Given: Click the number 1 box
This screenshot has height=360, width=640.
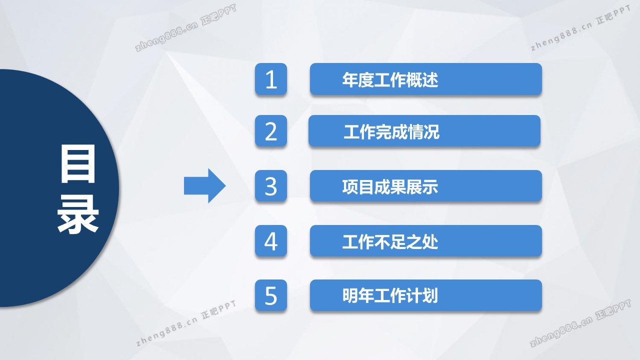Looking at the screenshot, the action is [271, 79].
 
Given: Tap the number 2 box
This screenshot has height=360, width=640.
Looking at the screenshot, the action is [271, 131].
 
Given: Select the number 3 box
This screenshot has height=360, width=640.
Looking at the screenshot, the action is [271, 186].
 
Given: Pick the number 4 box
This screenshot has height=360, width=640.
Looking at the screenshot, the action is [271, 241].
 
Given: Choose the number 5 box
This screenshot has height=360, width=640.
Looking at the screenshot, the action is [271, 295].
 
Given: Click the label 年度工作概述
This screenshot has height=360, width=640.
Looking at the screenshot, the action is [390, 79].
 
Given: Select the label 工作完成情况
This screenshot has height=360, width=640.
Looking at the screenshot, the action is [391, 131].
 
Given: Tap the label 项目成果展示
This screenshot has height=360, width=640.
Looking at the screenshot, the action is [390, 187].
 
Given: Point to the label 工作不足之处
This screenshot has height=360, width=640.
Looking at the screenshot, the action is [390, 241].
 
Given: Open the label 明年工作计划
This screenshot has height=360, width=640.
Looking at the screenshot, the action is [390, 295].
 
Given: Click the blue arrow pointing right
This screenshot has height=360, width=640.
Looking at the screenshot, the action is [204, 186].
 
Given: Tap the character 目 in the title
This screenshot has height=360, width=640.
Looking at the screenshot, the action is [77, 163].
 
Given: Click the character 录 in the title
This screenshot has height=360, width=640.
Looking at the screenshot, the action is [77, 214].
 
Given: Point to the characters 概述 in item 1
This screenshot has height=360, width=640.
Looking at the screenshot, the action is [421, 79].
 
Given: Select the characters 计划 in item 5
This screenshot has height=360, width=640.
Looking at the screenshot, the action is [421, 295].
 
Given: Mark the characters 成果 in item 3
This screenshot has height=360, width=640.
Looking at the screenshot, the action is [390, 187].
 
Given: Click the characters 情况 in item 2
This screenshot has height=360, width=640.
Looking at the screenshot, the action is [423, 131].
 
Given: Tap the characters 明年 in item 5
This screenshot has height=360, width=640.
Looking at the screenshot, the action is [358, 295].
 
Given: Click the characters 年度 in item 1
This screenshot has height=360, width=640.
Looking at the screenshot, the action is [358, 79].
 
